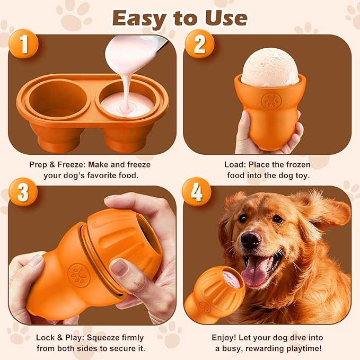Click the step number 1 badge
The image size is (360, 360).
(x=23, y=45)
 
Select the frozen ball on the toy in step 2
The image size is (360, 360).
(x=270, y=67)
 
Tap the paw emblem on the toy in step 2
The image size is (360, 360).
(x=271, y=101)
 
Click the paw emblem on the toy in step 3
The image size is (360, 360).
(x=79, y=276)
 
